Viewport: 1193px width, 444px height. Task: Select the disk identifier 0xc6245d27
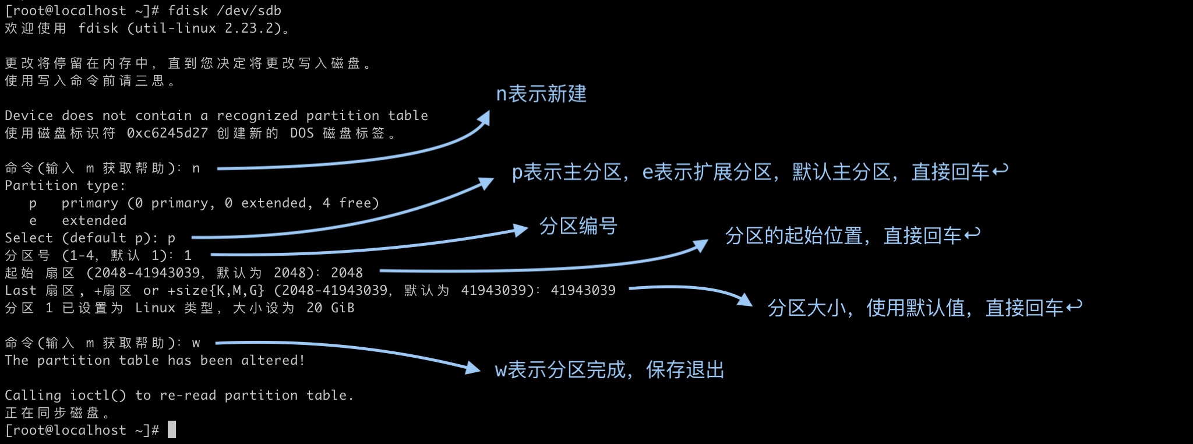click(167, 133)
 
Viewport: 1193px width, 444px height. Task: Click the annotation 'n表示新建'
click(541, 94)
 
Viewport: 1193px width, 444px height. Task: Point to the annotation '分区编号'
click(578, 225)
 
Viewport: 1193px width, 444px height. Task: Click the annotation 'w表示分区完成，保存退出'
click(609, 369)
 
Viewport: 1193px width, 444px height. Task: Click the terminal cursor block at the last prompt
click(172, 430)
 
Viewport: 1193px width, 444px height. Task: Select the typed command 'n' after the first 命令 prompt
click(196, 168)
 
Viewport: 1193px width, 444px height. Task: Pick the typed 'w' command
click(196, 343)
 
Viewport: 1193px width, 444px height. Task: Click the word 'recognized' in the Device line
click(257, 115)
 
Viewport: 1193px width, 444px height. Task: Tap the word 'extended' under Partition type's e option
click(94, 220)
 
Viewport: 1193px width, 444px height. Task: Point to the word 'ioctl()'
click(98, 395)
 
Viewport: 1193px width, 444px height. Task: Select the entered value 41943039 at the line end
click(583, 290)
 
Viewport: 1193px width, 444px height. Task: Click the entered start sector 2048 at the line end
click(347, 273)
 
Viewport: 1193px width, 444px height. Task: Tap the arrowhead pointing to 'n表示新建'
click(484, 118)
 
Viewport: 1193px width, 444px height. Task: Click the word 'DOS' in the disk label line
click(302, 133)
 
